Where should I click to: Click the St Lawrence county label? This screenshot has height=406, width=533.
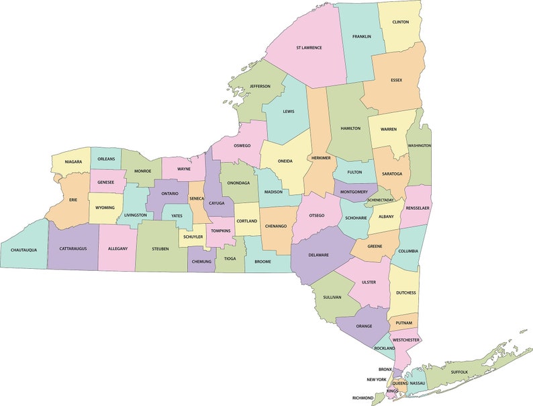[309, 48]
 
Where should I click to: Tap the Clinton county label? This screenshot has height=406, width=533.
[400, 22]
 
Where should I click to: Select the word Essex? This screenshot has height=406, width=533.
[396, 80]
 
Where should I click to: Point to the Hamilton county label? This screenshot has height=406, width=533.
[350, 128]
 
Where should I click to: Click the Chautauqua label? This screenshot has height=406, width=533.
[23, 250]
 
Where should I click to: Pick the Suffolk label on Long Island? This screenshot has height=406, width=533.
[459, 372]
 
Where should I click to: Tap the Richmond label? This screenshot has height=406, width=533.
[362, 398]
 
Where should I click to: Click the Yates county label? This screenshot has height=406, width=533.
[177, 216]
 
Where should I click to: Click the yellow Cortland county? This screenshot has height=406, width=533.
[246, 221]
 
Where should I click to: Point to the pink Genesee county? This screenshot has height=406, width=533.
[105, 182]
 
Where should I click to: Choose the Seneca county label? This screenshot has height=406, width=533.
[197, 199]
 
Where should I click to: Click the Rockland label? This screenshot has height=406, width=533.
[385, 348]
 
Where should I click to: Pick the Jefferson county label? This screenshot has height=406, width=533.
[260, 86]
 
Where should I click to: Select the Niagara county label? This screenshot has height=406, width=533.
[73, 161]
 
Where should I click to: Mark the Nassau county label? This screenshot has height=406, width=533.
[417, 383]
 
